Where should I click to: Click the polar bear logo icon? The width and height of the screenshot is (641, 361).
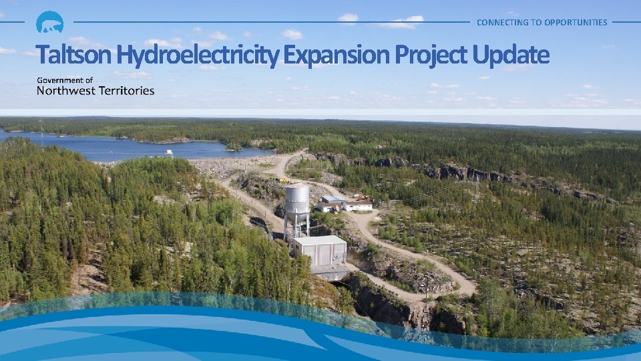tap(49, 23)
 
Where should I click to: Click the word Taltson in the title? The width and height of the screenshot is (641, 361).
tap(74, 55)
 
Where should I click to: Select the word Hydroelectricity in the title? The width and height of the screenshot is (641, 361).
tap(197, 55)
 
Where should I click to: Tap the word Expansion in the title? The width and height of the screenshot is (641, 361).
tap(337, 55)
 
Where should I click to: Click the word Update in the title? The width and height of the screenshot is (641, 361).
tap(510, 55)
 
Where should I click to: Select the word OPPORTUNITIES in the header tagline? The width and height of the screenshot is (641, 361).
tap(576, 22)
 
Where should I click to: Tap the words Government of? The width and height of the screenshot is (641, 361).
tap(65, 80)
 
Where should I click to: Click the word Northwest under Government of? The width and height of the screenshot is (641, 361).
tap(67, 90)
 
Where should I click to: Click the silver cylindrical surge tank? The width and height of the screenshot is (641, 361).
tap(297, 199)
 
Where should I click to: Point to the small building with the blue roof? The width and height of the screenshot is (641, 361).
tap(332, 200)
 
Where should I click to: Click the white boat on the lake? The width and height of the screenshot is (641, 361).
tap(168, 152)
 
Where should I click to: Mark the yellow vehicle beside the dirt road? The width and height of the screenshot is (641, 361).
tap(284, 180)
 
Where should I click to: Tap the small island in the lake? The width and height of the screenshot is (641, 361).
tap(234, 145)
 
